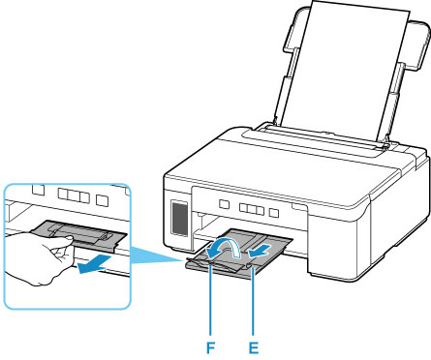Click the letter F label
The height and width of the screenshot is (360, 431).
coord(210,347)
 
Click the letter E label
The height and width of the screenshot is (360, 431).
coord(254,347)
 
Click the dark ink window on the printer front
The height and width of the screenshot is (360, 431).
coord(179,218)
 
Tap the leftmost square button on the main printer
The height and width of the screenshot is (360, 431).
coord(224,204)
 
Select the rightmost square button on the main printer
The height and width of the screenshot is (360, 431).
coord(274,213)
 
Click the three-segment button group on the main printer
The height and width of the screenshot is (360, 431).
coord(252,209)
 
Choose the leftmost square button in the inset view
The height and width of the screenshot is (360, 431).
coord(39,190)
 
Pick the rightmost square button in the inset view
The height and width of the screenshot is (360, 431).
coord(103,200)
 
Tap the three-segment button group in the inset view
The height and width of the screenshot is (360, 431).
coord(74,195)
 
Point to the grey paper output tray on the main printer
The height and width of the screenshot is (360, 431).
coord(239,252)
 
